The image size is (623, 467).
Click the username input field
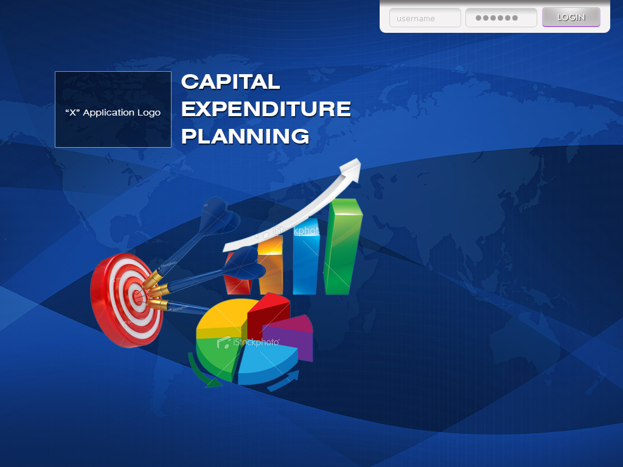(425, 18)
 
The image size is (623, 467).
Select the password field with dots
(501, 18)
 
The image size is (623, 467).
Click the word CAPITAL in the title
(231, 81)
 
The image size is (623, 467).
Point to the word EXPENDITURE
(266, 109)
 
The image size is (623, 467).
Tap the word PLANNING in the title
(245, 136)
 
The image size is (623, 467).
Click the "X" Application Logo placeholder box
(113, 109)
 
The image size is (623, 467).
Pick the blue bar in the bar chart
(305, 258)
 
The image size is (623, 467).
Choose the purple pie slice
(292, 337)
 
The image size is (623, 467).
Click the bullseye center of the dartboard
(137, 297)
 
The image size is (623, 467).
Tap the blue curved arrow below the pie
(284, 382)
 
